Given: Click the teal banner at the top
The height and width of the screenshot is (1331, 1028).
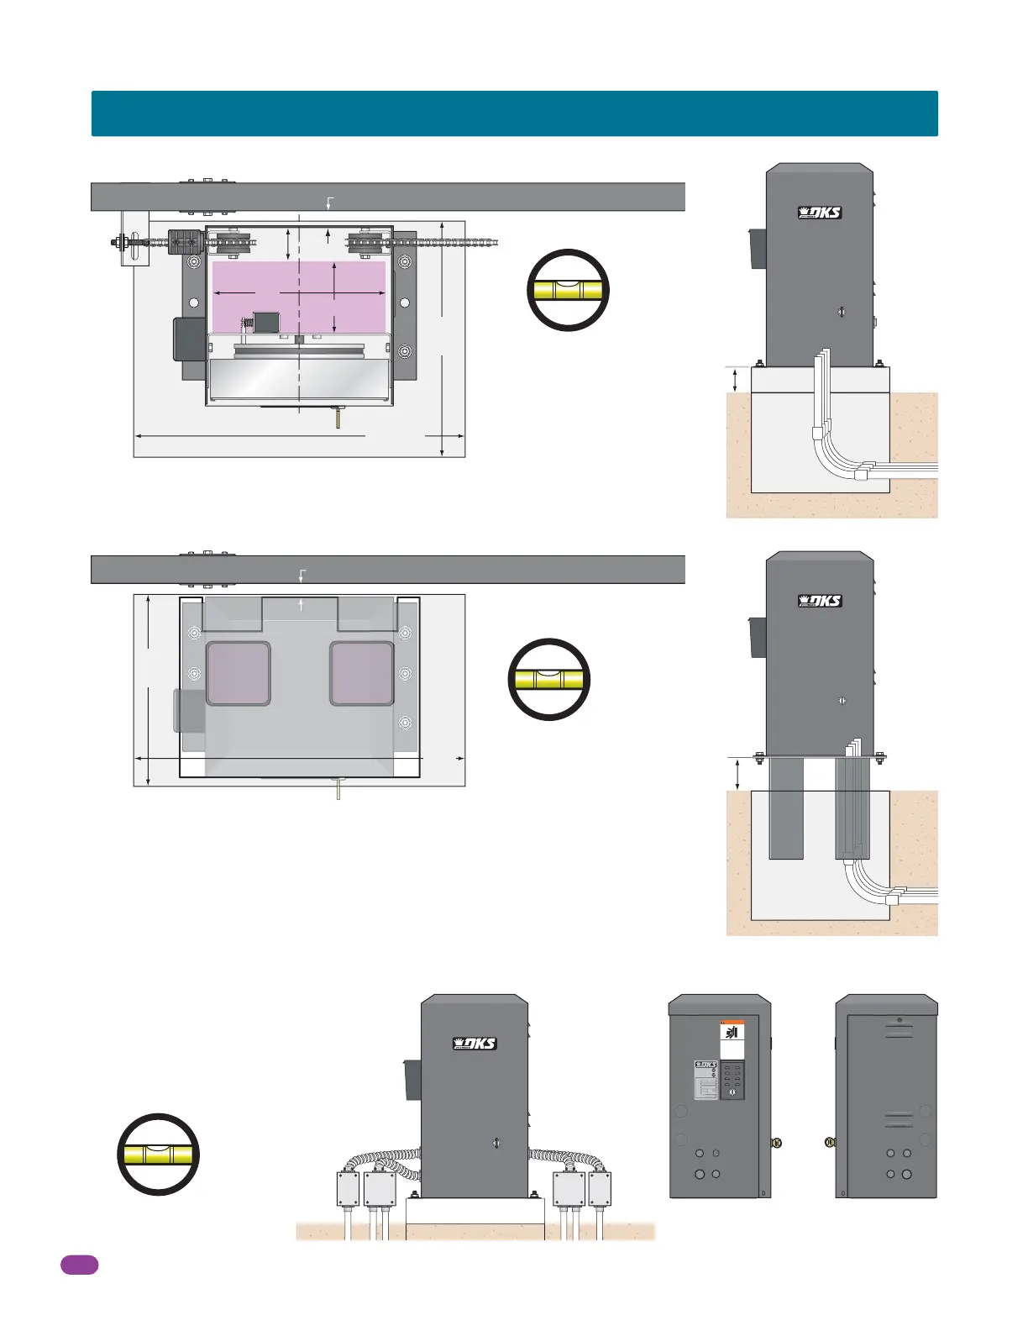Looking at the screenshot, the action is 514,113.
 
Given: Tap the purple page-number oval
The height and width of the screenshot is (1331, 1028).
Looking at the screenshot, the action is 79,1265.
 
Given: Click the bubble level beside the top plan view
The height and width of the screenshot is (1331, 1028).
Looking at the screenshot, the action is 568,291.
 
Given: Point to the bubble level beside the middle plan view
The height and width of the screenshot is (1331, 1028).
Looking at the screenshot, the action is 549,679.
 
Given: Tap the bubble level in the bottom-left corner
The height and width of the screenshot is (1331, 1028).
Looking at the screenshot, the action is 158,1155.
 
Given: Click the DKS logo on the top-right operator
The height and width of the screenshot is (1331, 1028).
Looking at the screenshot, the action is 819,213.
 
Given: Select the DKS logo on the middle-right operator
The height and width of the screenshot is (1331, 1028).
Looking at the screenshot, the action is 819,601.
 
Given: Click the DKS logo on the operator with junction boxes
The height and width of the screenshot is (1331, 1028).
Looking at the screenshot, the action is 475,1044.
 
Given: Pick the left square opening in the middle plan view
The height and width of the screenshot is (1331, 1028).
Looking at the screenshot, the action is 239,673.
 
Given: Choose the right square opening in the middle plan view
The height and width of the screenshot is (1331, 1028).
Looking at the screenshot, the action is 362,673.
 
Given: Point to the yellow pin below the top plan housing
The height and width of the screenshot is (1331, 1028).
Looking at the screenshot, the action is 338,418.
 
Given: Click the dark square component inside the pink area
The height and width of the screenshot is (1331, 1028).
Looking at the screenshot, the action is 266,322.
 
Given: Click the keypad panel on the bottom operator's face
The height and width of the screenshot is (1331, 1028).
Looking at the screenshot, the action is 732,1080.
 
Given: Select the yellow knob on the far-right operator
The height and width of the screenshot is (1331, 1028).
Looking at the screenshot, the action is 830,1142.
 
